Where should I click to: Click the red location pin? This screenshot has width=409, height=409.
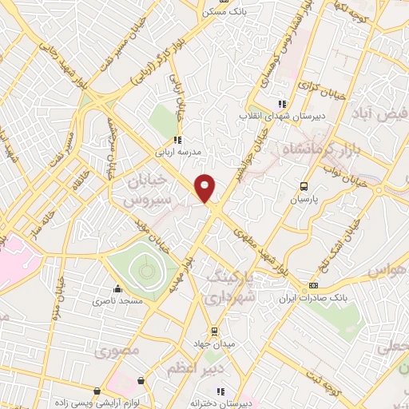coord(205,188)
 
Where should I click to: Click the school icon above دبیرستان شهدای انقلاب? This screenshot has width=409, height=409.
coord(280,103)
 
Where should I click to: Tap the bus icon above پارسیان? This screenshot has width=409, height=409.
coord(302,185)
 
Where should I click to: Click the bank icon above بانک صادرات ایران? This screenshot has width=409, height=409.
coord(314,285)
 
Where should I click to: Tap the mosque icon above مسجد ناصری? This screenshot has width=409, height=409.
coord(118,289)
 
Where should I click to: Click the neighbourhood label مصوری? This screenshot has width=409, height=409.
coord(117,351)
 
